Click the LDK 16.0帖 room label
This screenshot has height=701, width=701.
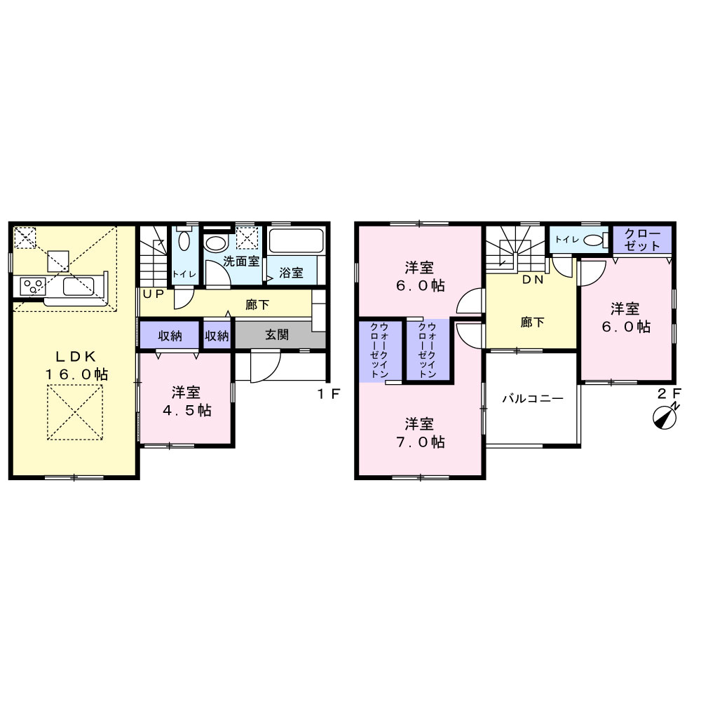(76, 365)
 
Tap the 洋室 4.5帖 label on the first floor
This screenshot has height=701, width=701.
(187, 402)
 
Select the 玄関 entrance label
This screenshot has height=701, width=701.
(277, 334)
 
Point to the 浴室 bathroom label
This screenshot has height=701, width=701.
(291, 272)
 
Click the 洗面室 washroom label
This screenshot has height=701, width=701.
(241, 261)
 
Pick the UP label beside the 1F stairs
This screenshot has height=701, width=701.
(154, 294)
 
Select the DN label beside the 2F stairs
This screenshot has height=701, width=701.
(533, 280)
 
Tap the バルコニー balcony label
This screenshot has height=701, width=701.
(533, 398)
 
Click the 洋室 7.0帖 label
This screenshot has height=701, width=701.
(420, 433)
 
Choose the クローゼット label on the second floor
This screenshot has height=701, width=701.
(642, 240)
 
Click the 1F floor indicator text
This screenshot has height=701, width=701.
(329, 394)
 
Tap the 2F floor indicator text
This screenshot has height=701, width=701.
(669, 393)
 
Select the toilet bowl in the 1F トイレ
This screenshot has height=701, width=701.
(184, 239)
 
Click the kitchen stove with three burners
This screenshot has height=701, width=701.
(33, 287)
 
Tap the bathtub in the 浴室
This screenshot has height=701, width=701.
(296, 241)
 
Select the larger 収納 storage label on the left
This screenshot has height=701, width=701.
(170, 336)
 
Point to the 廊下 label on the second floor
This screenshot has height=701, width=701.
(532, 322)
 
